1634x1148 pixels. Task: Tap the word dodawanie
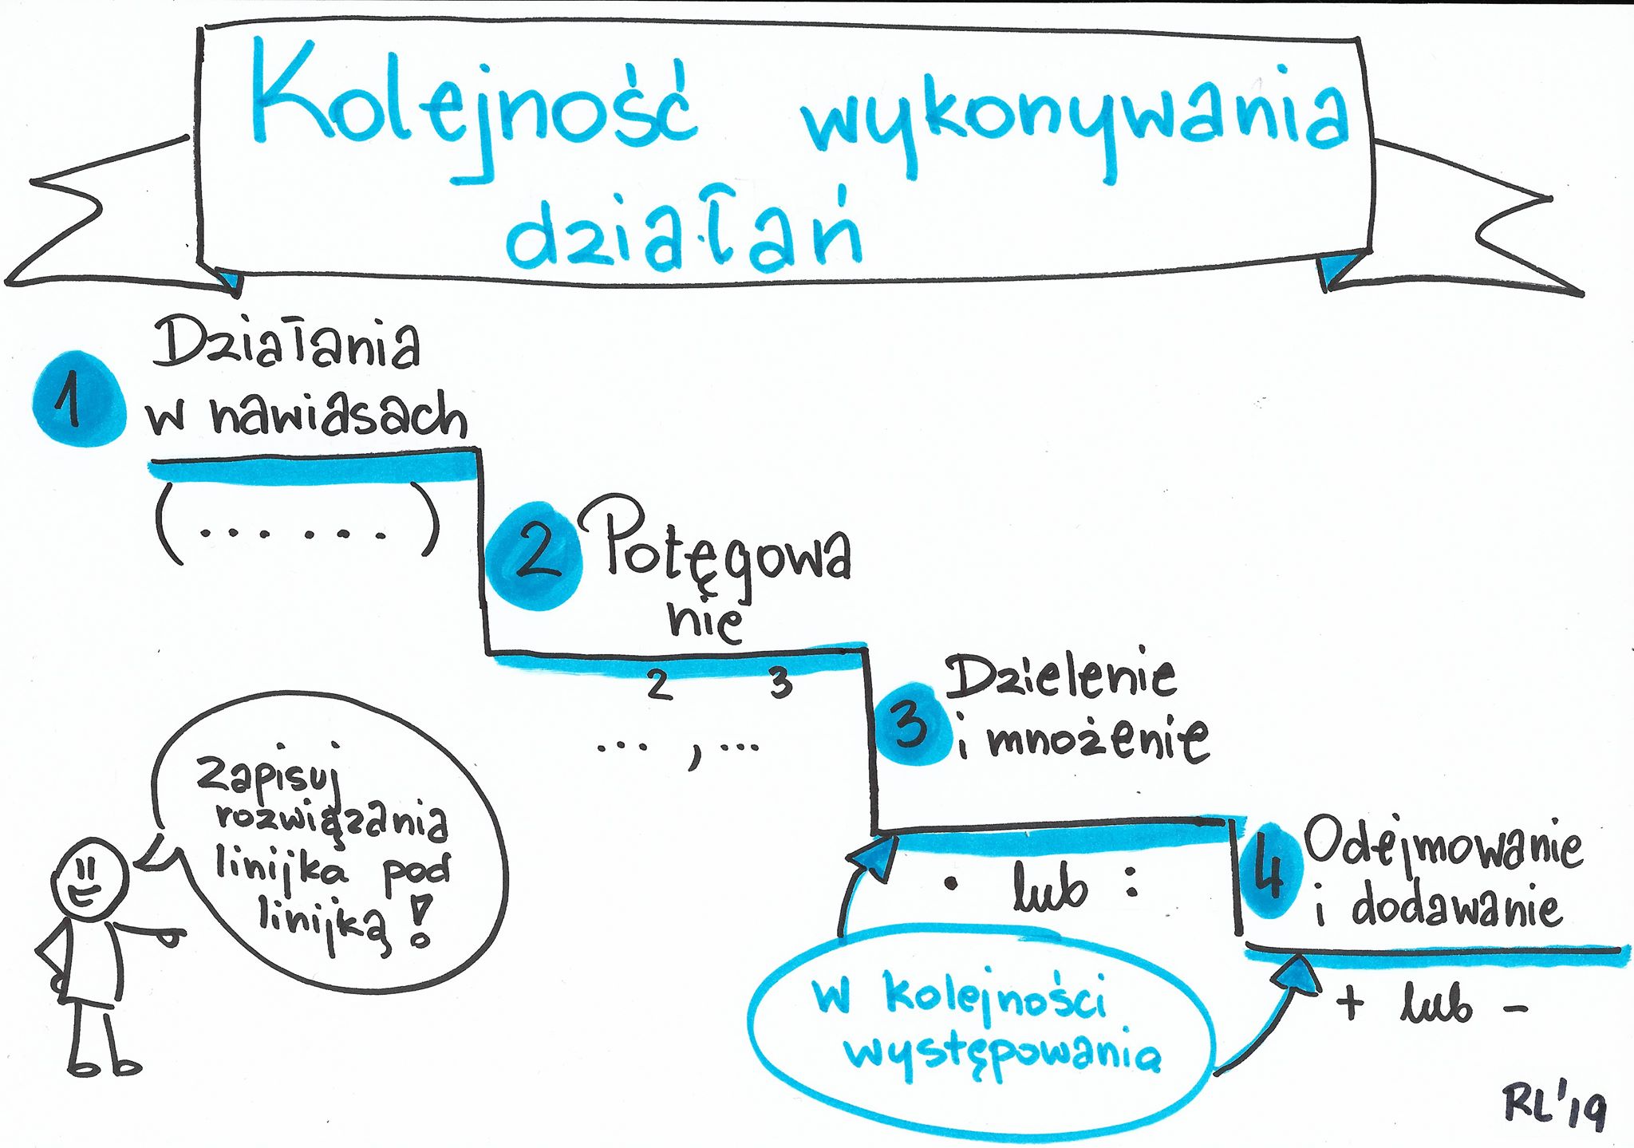point(1455,906)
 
